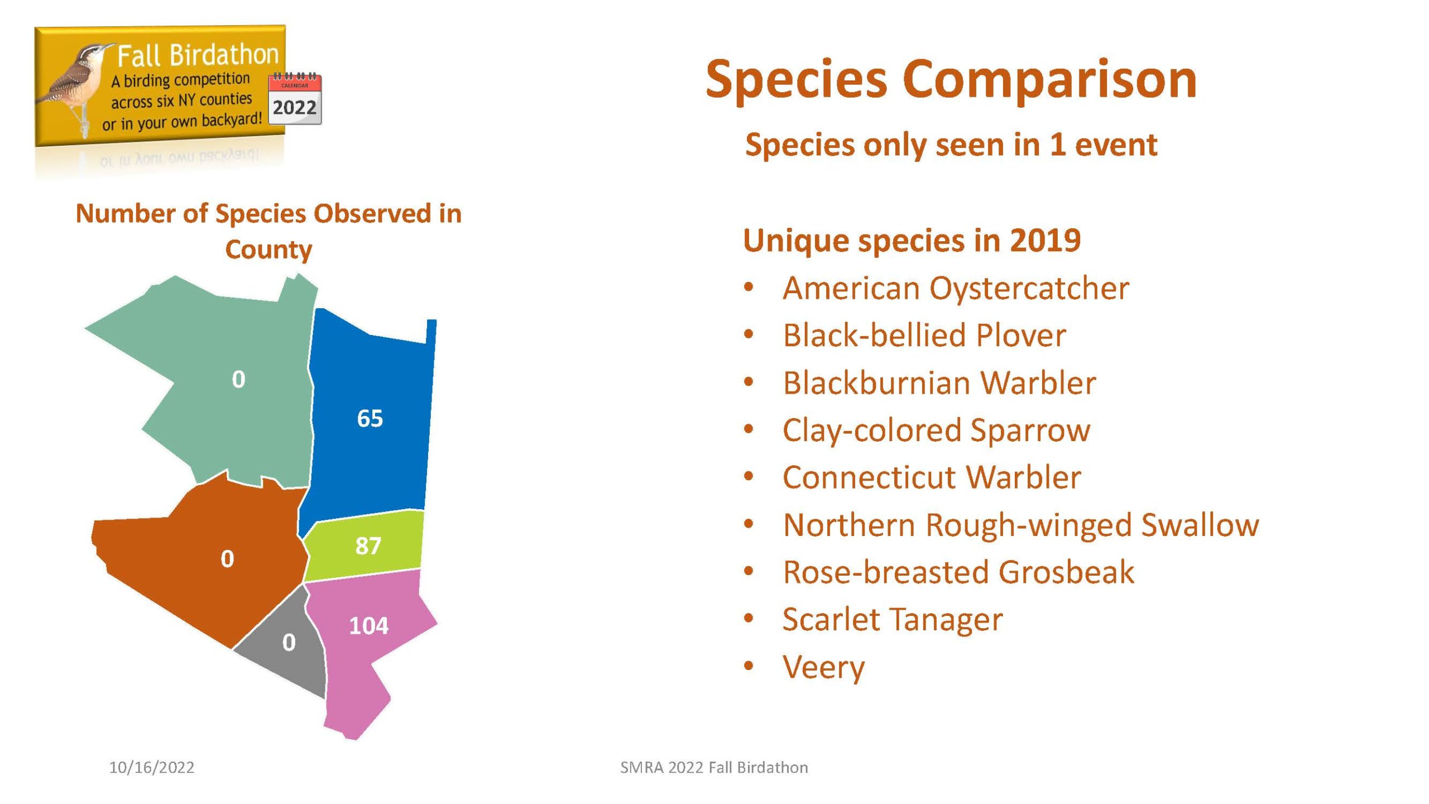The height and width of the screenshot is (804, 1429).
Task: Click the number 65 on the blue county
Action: [x=370, y=418]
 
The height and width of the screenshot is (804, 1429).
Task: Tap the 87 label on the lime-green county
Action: [x=368, y=545]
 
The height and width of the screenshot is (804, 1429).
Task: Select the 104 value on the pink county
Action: [x=368, y=626]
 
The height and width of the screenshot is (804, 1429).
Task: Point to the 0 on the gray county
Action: [x=289, y=643]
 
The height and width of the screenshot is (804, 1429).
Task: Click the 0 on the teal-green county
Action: [x=238, y=380]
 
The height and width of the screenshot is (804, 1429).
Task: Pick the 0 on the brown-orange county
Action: [x=227, y=559]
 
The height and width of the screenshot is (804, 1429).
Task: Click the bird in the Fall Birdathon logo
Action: [x=75, y=84]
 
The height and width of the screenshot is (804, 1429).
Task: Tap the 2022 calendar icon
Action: [x=295, y=99]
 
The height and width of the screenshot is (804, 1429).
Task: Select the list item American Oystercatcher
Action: [x=956, y=289]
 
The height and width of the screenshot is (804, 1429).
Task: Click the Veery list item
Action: [x=823, y=667]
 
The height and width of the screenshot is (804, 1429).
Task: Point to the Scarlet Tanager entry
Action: [x=893, y=620]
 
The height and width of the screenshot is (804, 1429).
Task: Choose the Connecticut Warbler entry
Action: [x=932, y=477]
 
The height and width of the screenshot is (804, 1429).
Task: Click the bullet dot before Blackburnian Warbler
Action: [x=749, y=382]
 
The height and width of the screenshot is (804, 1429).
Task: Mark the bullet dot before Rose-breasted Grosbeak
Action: [x=749, y=572]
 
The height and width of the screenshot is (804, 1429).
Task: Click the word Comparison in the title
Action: [x=1049, y=80]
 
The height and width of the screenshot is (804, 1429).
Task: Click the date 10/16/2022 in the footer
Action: [x=152, y=768]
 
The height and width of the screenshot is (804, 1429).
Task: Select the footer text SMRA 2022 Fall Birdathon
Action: [x=714, y=768]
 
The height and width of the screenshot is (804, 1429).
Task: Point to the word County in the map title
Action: [x=268, y=250]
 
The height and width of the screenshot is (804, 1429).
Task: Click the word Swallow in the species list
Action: [x=1200, y=525]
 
